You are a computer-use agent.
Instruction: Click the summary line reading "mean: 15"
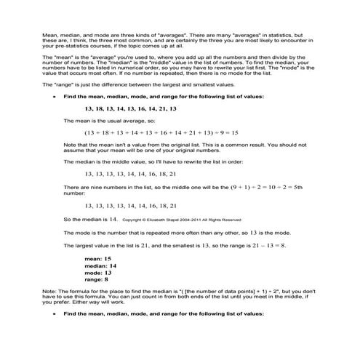[97, 258]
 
